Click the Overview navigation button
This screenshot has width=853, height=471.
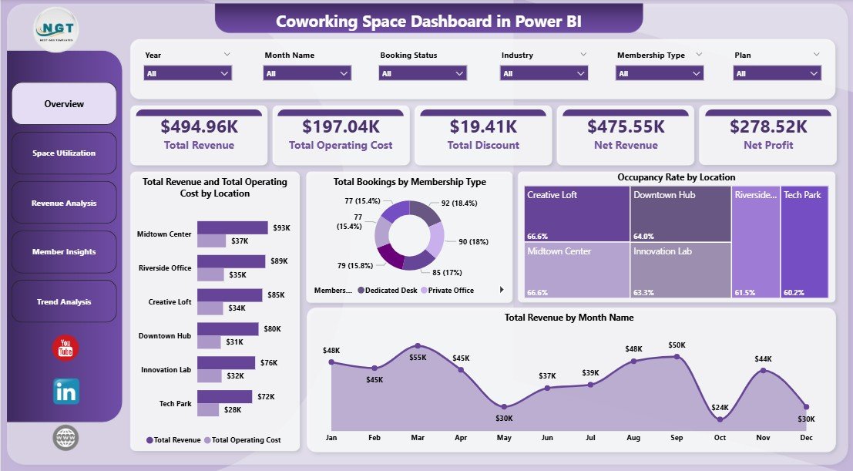pyautogui.click(x=64, y=104)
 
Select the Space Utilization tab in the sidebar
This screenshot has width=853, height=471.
pyautogui.click(x=64, y=153)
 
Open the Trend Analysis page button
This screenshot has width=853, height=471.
pyautogui.click(x=64, y=301)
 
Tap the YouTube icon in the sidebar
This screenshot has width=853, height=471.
pyautogui.click(x=65, y=348)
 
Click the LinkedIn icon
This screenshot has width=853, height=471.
pyautogui.click(x=65, y=392)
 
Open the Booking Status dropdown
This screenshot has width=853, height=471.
pyautogui.click(x=423, y=73)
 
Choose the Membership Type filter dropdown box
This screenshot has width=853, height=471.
pyautogui.click(x=659, y=73)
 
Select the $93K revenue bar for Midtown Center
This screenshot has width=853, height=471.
pyautogui.click(x=232, y=227)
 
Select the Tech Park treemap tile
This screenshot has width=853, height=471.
pyautogui.click(x=804, y=241)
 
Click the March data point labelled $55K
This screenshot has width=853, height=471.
pyautogui.click(x=418, y=346)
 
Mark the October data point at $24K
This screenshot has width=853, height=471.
pyautogui.click(x=720, y=419)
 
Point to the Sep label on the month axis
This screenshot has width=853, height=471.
pyautogui.click(x=677, y=436)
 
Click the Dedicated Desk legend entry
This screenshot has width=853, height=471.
pyautogui.click(x=389, y=291)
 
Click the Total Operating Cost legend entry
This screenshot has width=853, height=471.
pyautogui.click(x=242, y=440)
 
